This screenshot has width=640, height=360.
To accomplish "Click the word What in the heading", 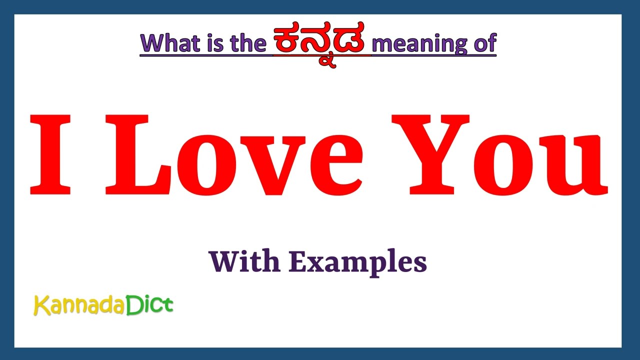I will pyautogui.click(x=169, y=43).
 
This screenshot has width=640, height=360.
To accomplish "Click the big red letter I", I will pyautogui.click(x=50, y=155).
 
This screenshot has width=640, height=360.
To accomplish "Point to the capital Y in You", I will pyautogui.click(x=430, y=155).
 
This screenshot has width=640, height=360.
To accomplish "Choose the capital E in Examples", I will pyautogui.click(x=297, y=261).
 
